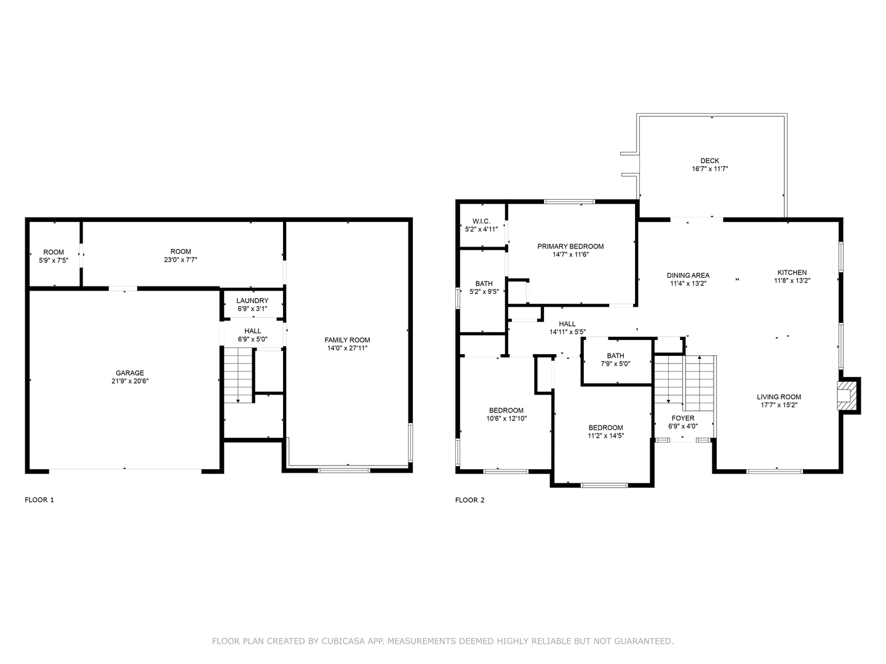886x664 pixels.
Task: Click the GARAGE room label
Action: (130, 373)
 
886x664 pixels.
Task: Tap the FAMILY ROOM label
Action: (348, 340)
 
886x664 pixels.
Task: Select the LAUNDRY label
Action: (252, 301)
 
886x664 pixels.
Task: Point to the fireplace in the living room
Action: (847, 395)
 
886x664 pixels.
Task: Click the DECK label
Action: (709, 161)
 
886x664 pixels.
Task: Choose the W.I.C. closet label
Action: (481, 221)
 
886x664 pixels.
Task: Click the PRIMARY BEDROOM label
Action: (570, 247)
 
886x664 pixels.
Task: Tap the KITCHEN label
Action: (792, 272)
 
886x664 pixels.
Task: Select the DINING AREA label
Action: (688, 275)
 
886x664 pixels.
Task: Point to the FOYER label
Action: (683, 418)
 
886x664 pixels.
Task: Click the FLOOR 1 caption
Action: (39, 500)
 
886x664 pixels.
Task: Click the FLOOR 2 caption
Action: (470, 500)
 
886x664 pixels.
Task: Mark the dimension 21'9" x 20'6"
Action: (130, 381)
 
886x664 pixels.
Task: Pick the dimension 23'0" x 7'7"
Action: (181, 259)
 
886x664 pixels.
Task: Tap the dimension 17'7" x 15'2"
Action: (779, 405)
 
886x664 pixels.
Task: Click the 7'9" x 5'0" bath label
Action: (615, 360)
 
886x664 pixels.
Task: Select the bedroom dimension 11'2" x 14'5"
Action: (605, 436)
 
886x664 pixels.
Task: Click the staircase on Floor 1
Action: (238, 375)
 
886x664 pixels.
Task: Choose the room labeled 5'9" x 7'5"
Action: (54, 256)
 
